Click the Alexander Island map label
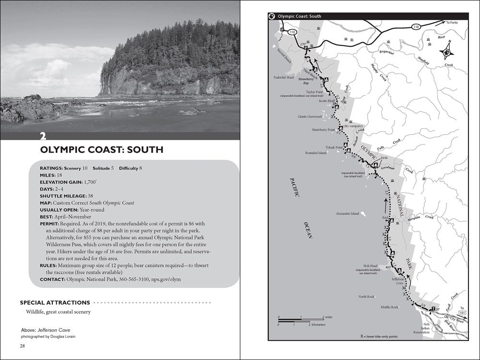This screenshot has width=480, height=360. pyautogui.click(x=348, y=214)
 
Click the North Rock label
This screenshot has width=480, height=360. pyautogui.click(x=366, y=297)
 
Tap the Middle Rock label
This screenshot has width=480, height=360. pyautogui.click(x=389, y=307)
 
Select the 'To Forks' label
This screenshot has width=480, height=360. pyautogui.click(x=452, y=23)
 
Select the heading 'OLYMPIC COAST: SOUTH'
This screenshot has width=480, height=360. pyautogui.click(x=102, y=150)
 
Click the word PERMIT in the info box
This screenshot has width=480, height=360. pyautogui.click(x=49, y=224)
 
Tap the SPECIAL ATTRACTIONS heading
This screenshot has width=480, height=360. pyautogui.click(x=55, y=302)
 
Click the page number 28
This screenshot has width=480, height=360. pyautogui.click(x=23, y=346)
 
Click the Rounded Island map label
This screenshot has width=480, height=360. pyautogui.click(x=316, y=153)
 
